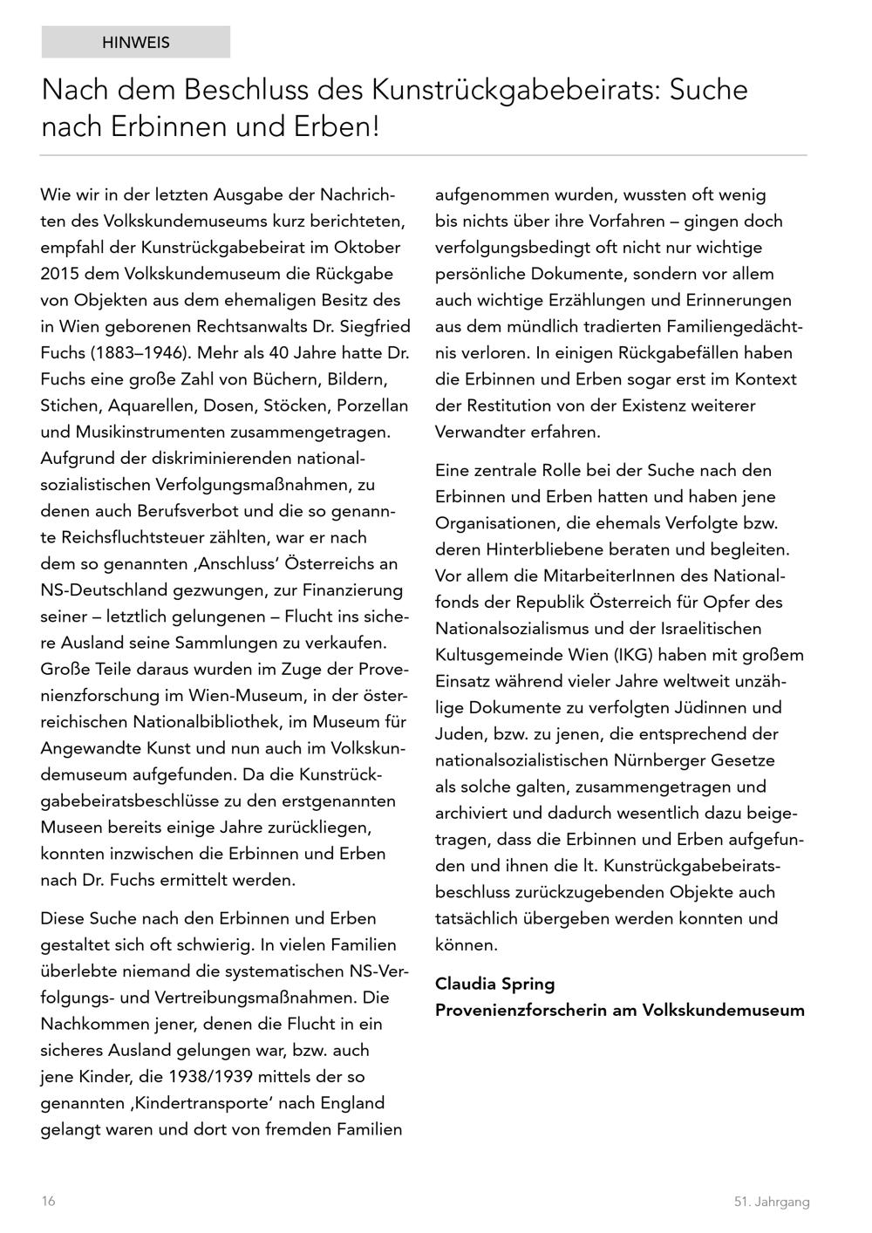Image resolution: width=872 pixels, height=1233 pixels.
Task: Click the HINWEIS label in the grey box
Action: click(x=136, y=42)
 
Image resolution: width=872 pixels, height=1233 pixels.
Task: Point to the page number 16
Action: click(x=48, y=1201)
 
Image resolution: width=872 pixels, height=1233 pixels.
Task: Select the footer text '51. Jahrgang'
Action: click(x=771, y=1202)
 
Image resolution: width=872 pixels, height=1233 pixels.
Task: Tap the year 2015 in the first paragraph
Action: click(x=60, y=274)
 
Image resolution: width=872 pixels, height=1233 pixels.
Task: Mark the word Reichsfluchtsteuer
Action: click(x=138, y=537)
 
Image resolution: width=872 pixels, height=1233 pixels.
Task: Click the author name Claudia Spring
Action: click(x=494, y=984)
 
